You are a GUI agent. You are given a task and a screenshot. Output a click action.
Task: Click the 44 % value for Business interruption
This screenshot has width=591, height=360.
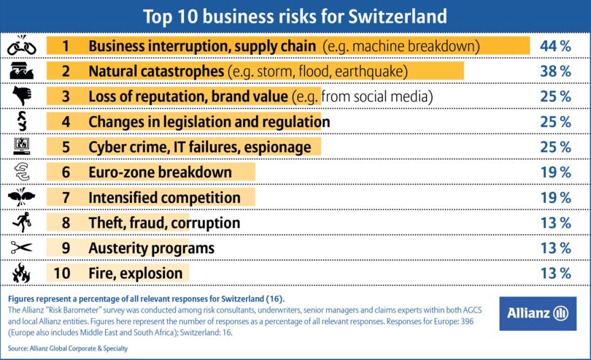coord(555,46)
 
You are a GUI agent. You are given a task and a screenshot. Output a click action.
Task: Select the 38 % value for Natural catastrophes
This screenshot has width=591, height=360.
coord(555,72)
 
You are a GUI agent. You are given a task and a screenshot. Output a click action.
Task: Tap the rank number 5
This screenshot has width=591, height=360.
coord(66,147)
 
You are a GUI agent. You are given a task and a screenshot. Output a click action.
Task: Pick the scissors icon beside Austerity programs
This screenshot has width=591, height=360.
coord(21,248)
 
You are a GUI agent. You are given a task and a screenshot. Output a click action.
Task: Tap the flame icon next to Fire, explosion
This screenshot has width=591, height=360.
coord(21,274)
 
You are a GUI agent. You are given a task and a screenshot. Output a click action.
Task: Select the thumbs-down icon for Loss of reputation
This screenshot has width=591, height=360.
coord(21,96)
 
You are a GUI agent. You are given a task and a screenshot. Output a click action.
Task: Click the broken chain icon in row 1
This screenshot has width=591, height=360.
coord(21,46)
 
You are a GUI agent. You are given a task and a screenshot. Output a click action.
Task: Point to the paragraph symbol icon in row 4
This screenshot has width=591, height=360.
coord(21,122)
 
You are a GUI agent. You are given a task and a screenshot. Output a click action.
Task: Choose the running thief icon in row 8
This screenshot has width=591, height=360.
coord(21,223)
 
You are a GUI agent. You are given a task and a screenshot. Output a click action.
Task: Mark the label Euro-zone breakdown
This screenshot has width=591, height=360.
coord(160,172)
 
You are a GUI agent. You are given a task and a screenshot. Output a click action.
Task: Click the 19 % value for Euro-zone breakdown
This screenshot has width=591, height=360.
coord(555,172)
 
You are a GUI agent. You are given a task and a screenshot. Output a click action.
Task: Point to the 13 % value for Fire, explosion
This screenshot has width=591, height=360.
coord(555,274)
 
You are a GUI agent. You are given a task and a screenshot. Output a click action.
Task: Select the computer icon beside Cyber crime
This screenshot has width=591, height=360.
coord(21,147)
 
